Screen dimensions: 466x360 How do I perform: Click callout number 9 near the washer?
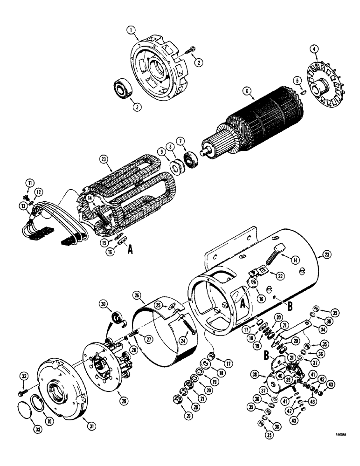(x=160, y=152)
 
